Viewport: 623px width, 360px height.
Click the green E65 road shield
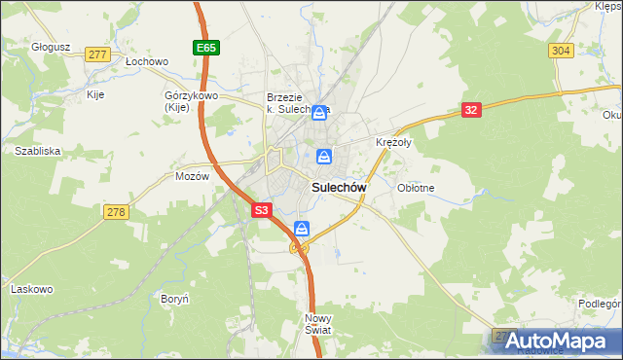point(203,47)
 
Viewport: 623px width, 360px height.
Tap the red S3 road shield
point(261,209)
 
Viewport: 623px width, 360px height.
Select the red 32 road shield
point(471,110)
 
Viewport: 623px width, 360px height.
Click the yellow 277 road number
point(95,54)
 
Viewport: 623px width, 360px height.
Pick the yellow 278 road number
point(116,212)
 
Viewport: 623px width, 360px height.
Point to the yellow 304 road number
point(560,50)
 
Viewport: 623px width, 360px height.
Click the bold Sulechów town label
point(338,186)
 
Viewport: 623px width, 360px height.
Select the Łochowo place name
point(147,60)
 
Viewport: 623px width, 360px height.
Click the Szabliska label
point(38,151)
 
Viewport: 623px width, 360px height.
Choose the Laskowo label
point(30,288)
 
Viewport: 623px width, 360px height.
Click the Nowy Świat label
point(318,324)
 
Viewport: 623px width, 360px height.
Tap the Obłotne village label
point(416,187)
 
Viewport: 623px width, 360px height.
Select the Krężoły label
point(394,142)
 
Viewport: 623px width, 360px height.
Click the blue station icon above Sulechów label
point(323,156)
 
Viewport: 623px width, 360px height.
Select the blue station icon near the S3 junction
point(302,230)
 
